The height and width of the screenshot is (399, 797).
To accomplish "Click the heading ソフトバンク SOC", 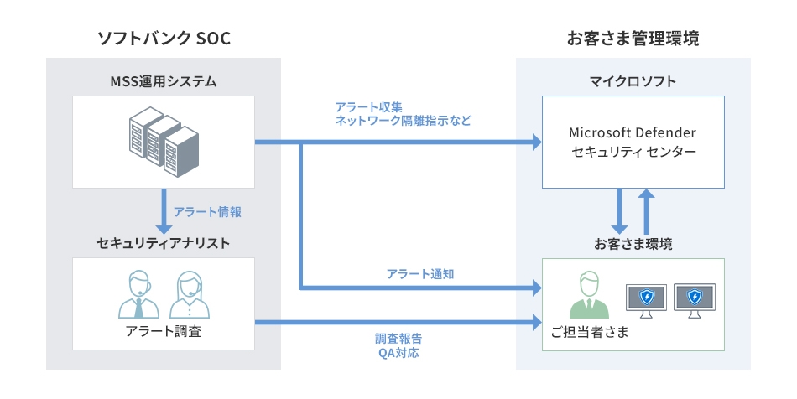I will (x=164, y=39).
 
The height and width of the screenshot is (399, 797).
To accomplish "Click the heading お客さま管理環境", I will (x=633, y=39).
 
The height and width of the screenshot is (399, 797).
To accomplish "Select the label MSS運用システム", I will (x=164, y=81).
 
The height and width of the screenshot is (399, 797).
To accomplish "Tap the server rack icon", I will (x=163, y=142).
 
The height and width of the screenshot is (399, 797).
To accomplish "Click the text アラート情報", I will (x=207, y=212).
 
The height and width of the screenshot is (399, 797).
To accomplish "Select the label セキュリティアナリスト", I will (x=164, y=243).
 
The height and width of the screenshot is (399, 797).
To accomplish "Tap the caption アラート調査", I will (x=163, y=332).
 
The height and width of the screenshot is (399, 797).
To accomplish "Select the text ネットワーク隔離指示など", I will (x=403, y=121).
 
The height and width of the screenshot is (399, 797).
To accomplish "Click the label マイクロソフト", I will (x=633, y=81).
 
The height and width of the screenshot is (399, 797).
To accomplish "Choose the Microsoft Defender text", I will (x=633, y=133).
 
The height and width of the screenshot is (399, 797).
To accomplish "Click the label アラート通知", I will (x=420, y=274).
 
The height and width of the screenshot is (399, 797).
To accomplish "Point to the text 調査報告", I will (x=398, y=339).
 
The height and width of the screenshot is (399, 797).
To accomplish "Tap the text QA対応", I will (x=398, y=353).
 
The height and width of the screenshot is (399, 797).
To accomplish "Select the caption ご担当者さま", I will (x=590, y=332).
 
